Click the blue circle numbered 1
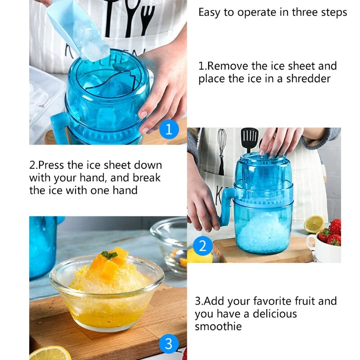(x=168, y=129)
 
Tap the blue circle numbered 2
(x=202, y=246)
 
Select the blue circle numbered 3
(x=168, y=344)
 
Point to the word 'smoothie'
(x=218, y=326)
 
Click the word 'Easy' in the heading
(x=210, y=13)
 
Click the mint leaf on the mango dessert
(x=109, y=255)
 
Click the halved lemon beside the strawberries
(x=314, y=224)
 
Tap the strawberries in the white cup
(x=332, y=232)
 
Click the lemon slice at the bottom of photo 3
(x=50, y=353)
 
